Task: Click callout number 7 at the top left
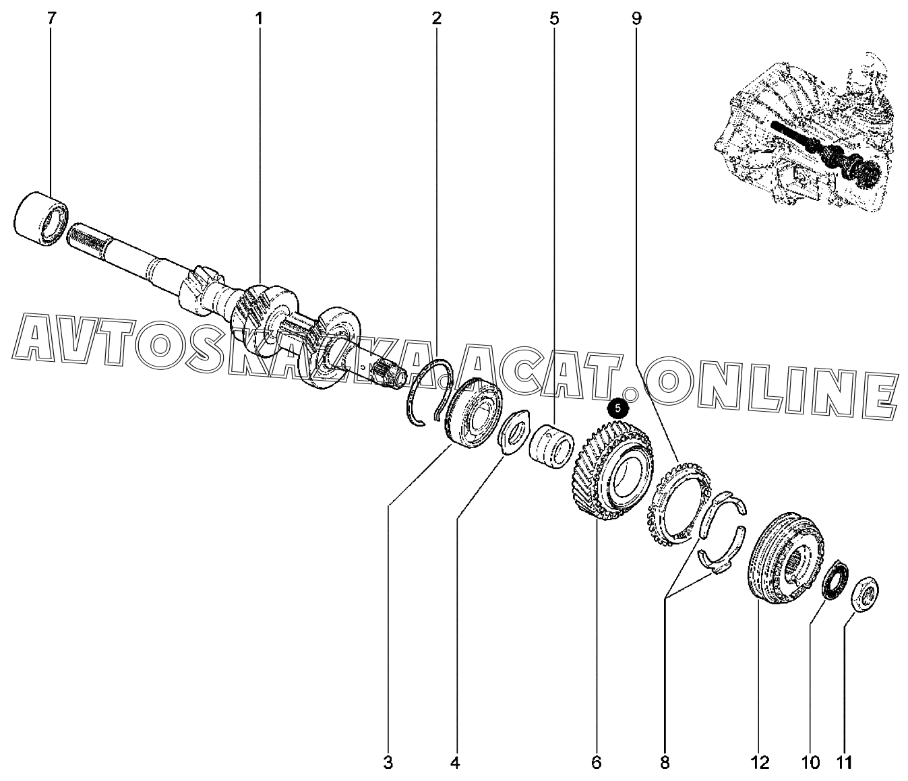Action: coord(51,19)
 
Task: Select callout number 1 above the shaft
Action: coord(259,19)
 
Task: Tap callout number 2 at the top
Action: coord(436,19)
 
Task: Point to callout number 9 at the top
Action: coord(636,19)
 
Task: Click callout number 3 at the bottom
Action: coord(388,763)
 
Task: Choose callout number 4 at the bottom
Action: coord(456,763)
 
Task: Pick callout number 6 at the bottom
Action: coord(596,763)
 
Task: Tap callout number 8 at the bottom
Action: coord(665,763)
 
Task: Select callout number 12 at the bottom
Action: coord(760,763)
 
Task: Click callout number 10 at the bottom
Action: coord(810,763)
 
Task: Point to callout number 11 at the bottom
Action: coord(843,763)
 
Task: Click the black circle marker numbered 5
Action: coord(618,408)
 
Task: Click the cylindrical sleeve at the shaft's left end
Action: coord(41,218)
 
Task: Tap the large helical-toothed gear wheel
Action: coord(613,470)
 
